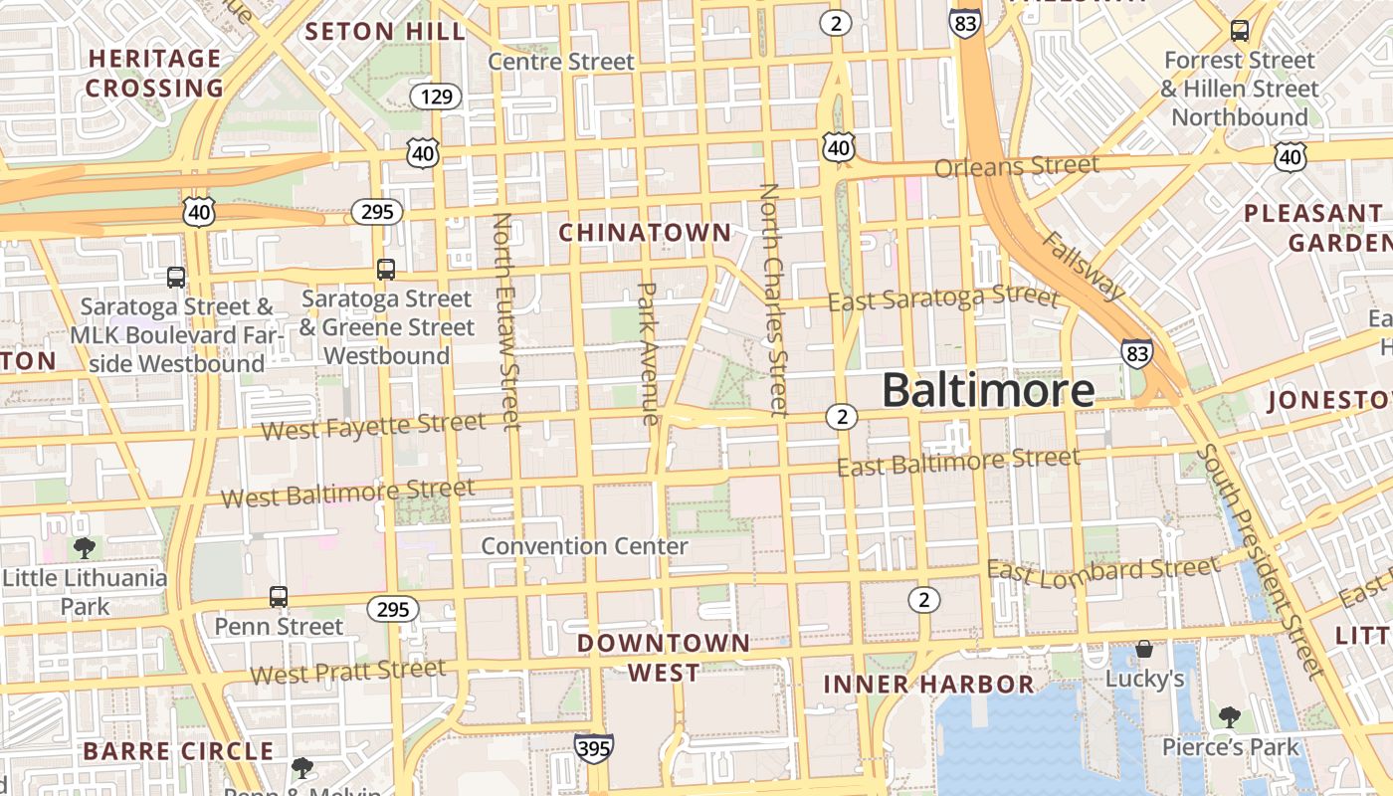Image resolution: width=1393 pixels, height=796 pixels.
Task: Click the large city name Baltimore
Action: [988, 390]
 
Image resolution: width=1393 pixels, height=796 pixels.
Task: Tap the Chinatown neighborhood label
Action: [645, 233]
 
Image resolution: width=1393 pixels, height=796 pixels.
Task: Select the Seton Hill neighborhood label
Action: [385, 31]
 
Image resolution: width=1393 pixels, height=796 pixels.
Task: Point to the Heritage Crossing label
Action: [154, 74]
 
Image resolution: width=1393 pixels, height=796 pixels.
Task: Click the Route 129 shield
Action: [436, 97]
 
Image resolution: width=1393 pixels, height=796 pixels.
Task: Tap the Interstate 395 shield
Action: [593, 747]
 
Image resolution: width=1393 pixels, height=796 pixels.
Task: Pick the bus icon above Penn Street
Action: [279, 597]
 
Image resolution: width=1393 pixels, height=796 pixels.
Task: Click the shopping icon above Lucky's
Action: [1144, 649]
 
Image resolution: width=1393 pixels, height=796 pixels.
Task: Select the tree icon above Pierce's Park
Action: [1230, 716]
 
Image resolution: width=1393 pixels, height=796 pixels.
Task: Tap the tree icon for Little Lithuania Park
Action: [85, 547]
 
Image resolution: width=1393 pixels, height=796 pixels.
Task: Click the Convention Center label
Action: [584, 546]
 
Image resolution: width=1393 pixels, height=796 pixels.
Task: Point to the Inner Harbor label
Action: [929, 685]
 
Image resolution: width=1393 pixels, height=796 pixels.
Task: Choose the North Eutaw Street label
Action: [506, 321]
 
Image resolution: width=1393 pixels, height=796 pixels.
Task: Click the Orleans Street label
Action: [1017, 166]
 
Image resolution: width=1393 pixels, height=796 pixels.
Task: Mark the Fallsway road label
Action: [1084, 266]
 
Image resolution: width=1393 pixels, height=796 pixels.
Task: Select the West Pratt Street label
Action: [347, 673]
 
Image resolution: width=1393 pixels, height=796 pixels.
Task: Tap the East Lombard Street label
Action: [1102, 571]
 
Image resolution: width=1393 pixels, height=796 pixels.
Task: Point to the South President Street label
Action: [1261, 561]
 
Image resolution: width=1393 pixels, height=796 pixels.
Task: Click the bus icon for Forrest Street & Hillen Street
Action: [1240, 31]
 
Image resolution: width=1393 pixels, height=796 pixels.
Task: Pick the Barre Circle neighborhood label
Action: [178, 751]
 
